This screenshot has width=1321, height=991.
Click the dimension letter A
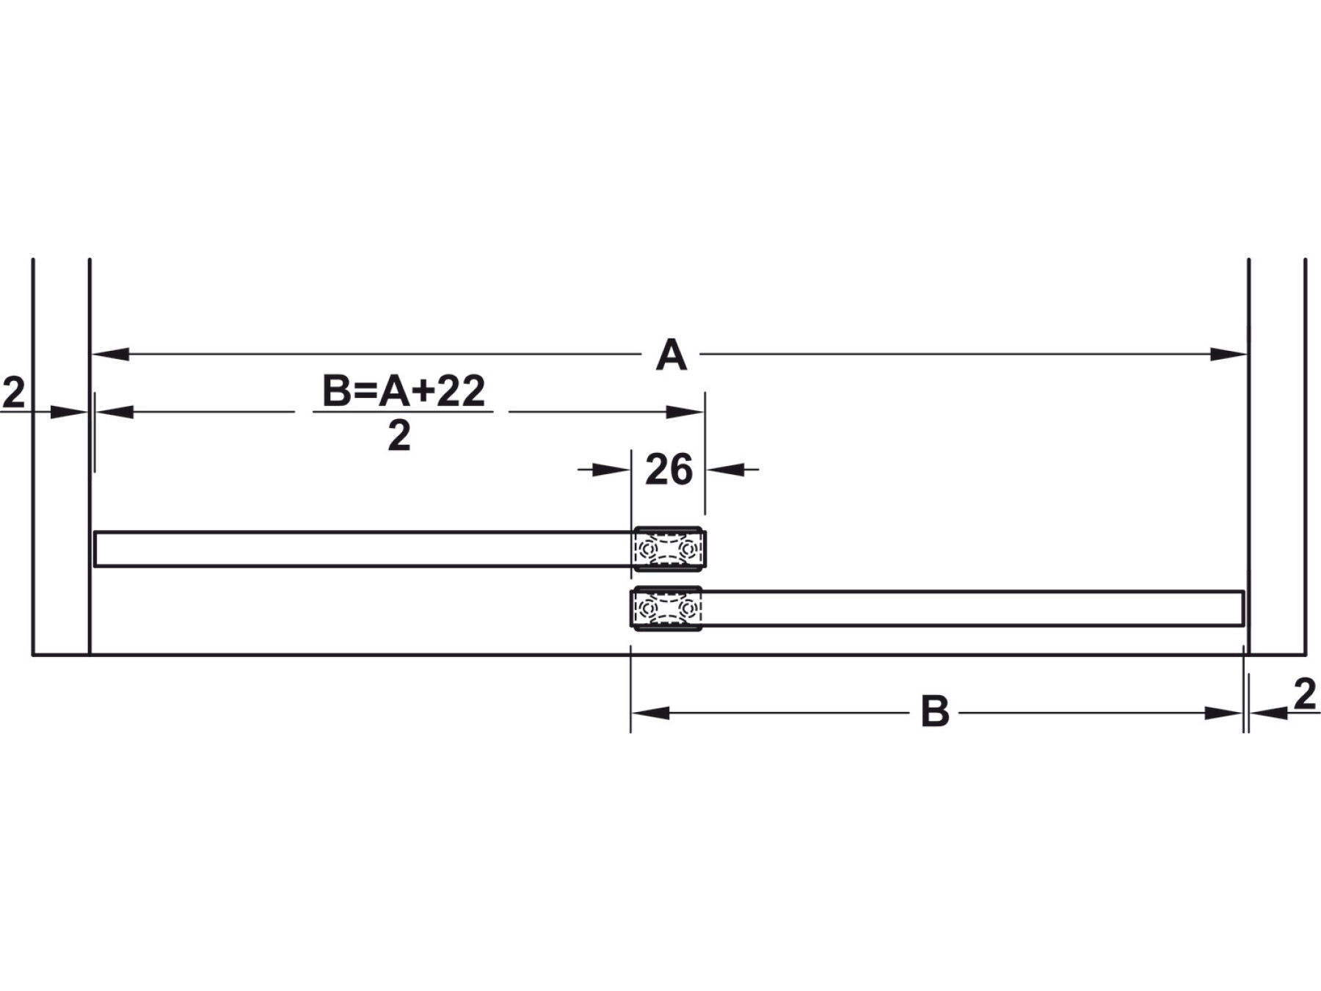(x=671, y=356)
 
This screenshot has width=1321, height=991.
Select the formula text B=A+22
(x=404, y=391)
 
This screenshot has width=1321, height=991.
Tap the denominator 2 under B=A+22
(x=399, y=437)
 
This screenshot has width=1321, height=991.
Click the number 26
(x=669, y=470)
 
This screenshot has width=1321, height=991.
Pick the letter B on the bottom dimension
(x=935, y=712)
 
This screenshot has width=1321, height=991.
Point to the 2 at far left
(x=13, y=393)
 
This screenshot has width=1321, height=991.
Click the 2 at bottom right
(x=1304, y=695)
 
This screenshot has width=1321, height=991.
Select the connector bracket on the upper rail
(x=669, y=548)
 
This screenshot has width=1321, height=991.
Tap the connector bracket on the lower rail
(x=666, y=608)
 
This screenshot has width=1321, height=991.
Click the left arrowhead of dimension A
(x=110, y=355)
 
